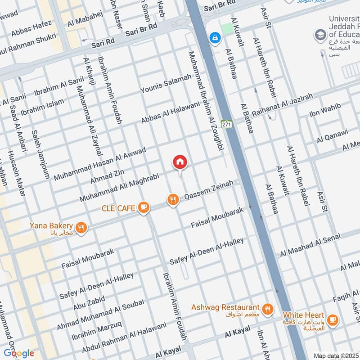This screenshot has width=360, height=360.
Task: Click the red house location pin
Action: (180, 162)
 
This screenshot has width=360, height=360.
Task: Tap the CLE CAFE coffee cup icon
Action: (144, 207)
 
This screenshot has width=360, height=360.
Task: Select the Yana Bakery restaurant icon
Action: (81, 228)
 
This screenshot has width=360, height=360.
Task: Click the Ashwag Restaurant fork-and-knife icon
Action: (267, 309)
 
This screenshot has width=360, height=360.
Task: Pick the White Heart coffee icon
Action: (333, 319)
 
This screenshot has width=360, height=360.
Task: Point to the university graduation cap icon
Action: (320, 35)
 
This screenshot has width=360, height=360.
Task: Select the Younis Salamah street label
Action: (166, 85)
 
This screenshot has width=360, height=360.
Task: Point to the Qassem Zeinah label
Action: (209, 191)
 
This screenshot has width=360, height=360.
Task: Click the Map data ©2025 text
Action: (336, 355)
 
